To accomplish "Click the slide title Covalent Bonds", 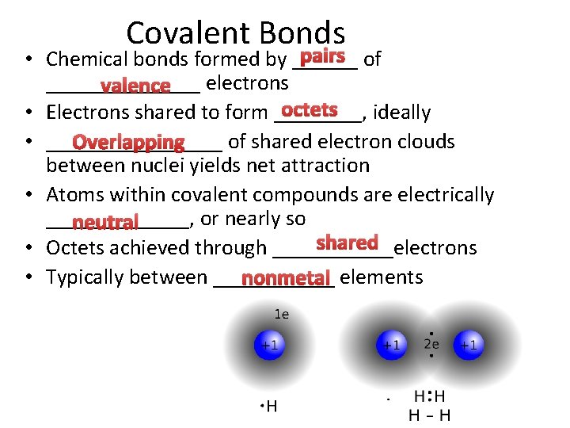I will (x=235, y=33).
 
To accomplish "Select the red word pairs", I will (x=322, y=56).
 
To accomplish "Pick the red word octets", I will (x=310, y=109).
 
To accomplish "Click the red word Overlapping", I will (x=127, y=143).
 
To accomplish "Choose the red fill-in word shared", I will (x=347, y=243).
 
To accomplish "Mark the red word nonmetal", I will (x=284, y=279).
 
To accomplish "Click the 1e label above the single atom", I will (x=281, y=315).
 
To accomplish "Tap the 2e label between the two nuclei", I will (x=431, y=344).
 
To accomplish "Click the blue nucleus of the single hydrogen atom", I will (x=270, y=346).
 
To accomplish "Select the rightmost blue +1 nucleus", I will (x=468, y=345).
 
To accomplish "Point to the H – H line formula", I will (x=429, y=415).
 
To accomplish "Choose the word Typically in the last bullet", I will (x=87, y=277).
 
